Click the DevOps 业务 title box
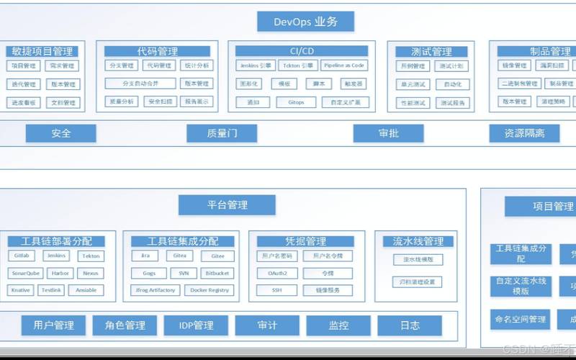pos(306,21)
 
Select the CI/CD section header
pos(302,51)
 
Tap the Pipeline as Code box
pos(343,66)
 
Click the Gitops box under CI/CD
pos(296,102)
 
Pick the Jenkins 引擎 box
pos(256,66)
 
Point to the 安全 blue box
pos(61,133)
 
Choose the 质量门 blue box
pos(222,133)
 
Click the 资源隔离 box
pos(524,133)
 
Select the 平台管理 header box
pos(227,205)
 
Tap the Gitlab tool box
pos(21,256)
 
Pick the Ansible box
pos(86,290)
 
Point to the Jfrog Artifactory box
pos(156,290)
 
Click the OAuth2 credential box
pos(277,273)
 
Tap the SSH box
pos(277,290)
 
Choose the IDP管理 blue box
pos(196,325)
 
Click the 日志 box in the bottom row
pos(410,325)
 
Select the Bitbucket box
pos(217,273)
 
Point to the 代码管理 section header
pos(158,51)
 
